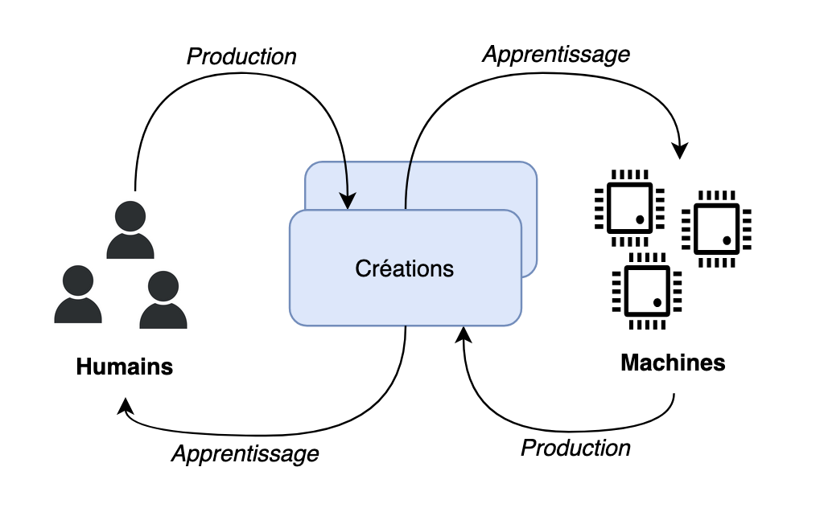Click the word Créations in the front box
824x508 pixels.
(404, 268)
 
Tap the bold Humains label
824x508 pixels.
(125, 367)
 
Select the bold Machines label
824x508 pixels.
(673, 363)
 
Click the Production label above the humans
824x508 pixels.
(241, 57)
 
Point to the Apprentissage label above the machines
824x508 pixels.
(555, 54)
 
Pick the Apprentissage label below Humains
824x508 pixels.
(245, 453)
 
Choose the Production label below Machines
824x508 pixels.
(575, 448)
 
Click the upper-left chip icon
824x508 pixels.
(629, 207)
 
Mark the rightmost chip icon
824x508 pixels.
(716, 229)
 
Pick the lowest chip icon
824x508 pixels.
(647, 290)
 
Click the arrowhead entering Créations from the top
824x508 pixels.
(348, 201)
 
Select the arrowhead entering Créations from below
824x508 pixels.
(463, 334)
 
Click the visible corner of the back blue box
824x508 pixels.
(527, 173)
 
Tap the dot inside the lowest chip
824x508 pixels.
(657, 302)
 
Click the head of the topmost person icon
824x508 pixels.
(130, 215)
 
